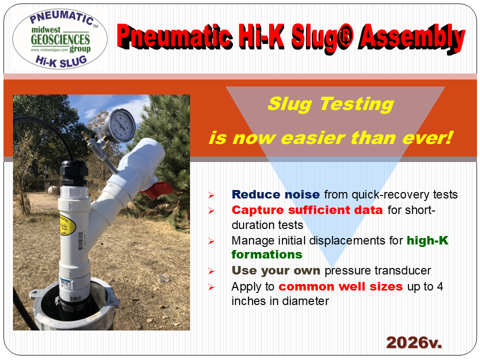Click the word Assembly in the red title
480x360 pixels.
coord(412,38)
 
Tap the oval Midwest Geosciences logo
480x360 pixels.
coord(60,38)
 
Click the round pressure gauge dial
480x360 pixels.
coord(120,125)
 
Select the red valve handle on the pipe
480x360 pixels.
coord(157,190)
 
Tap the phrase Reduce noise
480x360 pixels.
coord(275,194)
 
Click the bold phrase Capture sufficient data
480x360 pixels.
coord(307,210)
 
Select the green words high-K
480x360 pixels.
coord(427,240)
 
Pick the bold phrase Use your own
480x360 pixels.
coord(276,270)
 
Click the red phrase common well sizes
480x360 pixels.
coord(340,286)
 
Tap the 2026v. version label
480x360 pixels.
coord(414,342)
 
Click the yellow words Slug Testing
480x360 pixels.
coord(330,104)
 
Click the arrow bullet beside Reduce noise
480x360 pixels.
coord(211,195)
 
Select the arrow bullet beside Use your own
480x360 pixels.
coord(211,271)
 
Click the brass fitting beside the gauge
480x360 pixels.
coord(89,139)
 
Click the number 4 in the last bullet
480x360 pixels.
coord(440,286)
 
